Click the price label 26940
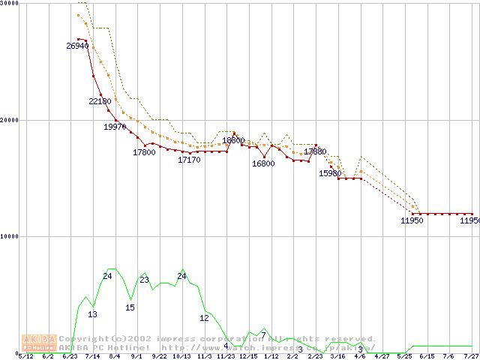coord(77,46)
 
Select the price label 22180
coord(100,101)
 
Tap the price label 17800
coord(144,153)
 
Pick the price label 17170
coord(189,160)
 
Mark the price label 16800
coord(263,163)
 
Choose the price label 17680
coord(315,152)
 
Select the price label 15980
coord(330,174)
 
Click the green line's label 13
coord(92,314)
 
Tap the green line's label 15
coord(130,307)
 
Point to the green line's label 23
coord(145,280)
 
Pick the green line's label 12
coord(204,318)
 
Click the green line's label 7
coord(263,334)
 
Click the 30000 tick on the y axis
coord(10,4)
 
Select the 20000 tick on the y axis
coord(10,120)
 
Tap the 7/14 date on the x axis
coord(92,357)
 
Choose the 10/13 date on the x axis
coord(181,357)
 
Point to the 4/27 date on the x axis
coord(382,357)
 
